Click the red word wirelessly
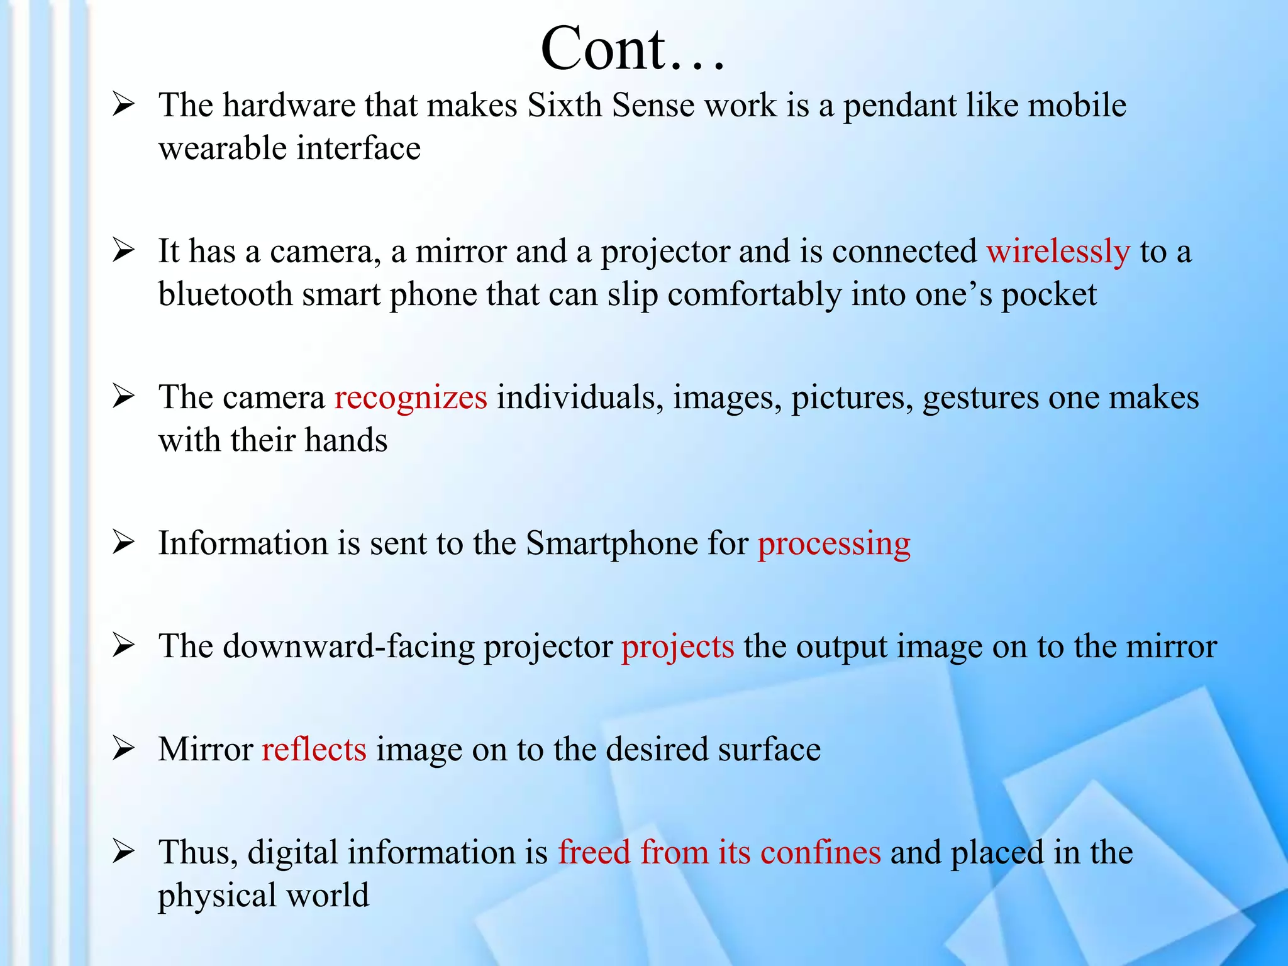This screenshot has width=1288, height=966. pyautogui.click(x=1058, y=252)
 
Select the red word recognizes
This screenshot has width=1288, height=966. pyautogui.click(x=411, y=397)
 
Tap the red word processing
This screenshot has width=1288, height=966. pyautogui.click(x=834, y=543)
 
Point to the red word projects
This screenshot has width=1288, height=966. pyautogui.click(x=677, y=647)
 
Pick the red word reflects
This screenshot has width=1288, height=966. pyautogui.click(x=314, y=750)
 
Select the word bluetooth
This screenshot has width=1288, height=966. pyautogui.click(x=225, y=294)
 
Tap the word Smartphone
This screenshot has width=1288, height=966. pyautogui.click(x=612, y=543)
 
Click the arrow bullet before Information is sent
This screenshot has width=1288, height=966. pyautogui.click(x=123, y=542)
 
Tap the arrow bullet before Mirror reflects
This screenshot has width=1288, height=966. pyautogui.click(x=123, y=748)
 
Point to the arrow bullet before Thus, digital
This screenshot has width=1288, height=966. pyautogui.click(x=123, y=852)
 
